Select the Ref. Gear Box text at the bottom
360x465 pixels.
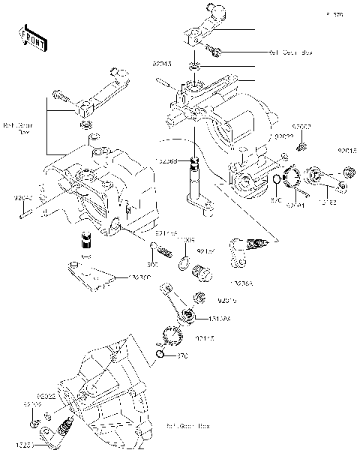(188, 425)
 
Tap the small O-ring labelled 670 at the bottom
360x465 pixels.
(162, 353)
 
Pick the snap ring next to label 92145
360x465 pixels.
(173, 336)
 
